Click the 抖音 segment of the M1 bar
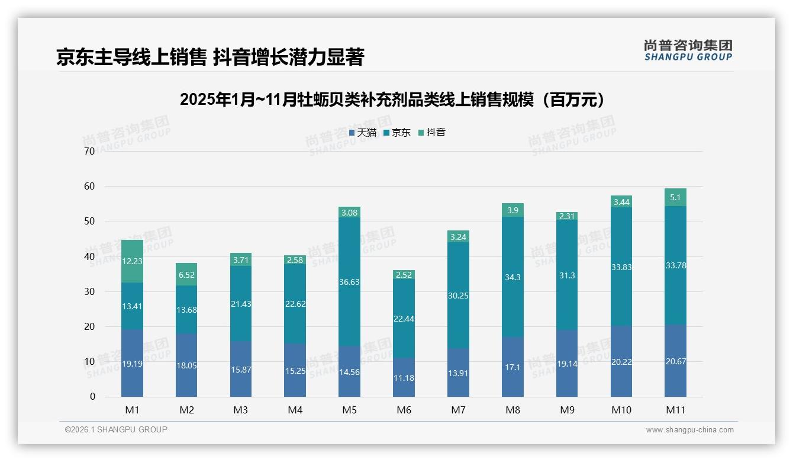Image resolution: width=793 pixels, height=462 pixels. click(132, 261)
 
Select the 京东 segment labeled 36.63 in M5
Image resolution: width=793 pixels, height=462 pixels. click(349, 282)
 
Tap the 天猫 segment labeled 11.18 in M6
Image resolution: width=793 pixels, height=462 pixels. click(404, 377)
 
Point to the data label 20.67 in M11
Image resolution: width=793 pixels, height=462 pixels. click(675, 361)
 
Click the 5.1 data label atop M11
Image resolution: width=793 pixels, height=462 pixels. click(675, 198)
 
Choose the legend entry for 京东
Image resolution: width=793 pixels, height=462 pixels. click(396, 133)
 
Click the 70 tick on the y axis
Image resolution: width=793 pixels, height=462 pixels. click(89, 151)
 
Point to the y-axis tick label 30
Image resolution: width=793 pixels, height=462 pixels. click(89, 291)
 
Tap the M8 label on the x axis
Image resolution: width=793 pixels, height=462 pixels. click(512, 410)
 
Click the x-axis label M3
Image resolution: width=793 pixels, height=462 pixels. click(241, 410)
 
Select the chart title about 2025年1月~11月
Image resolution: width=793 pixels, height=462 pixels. click(394, 100)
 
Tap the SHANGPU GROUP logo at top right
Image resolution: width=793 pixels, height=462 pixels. click(688, 50)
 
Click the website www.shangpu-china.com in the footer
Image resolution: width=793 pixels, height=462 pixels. click(689, 430)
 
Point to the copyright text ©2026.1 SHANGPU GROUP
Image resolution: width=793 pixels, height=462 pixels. click(116, 429)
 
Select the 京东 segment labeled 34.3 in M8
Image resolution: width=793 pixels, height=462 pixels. click(512, 277)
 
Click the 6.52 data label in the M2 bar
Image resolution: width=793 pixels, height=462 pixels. click(186, 275)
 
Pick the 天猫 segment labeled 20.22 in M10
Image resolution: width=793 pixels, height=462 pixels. click(621, 361)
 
